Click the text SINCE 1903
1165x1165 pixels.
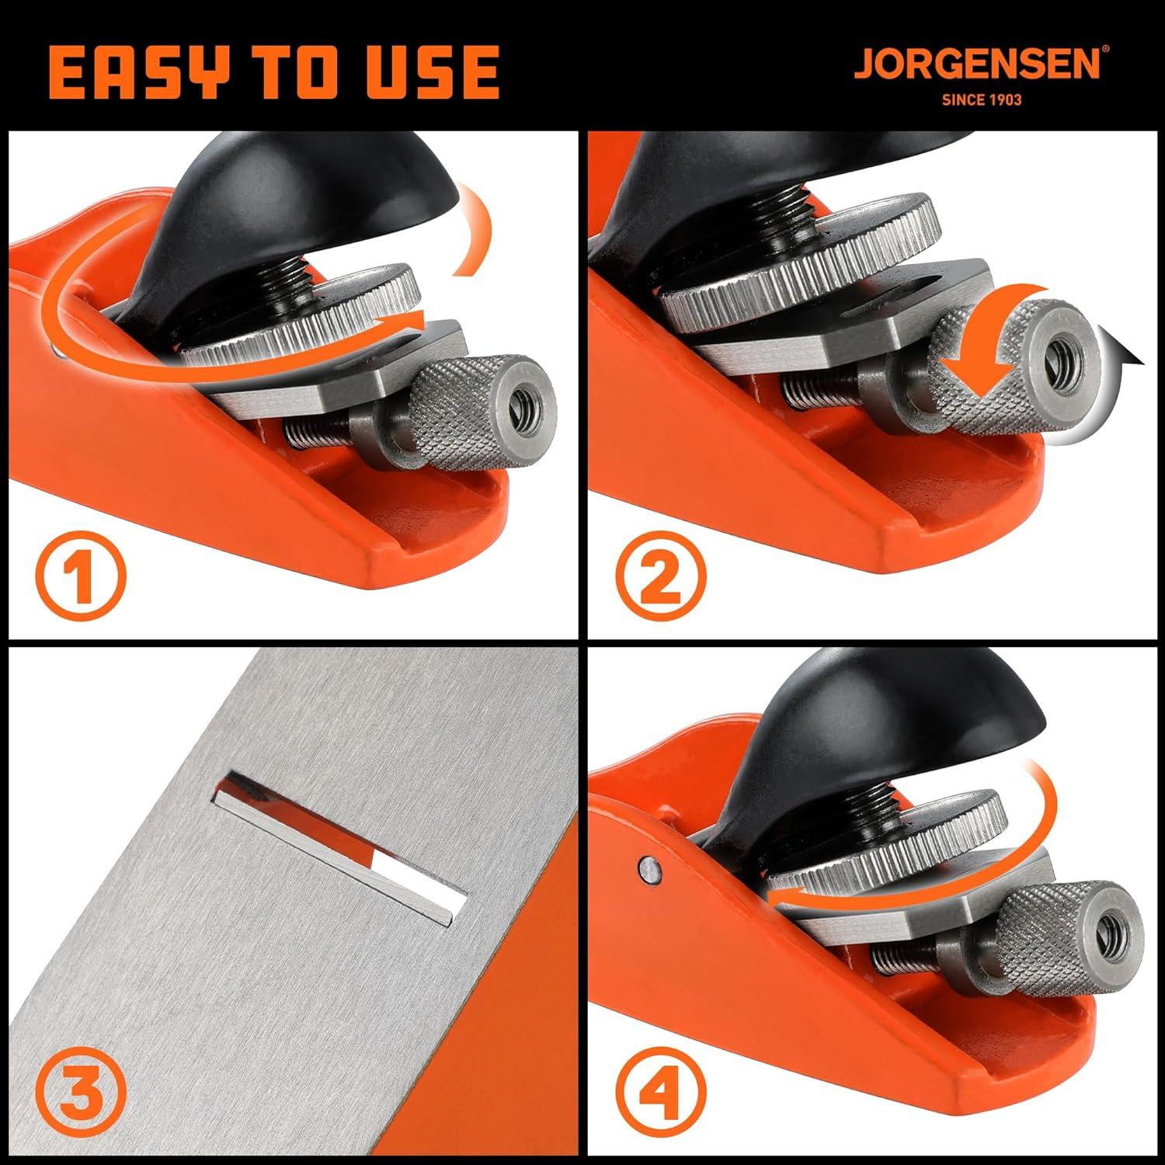coord(981,100)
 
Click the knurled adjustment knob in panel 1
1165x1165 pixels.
coord(482,412)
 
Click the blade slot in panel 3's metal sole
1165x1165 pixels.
coord(342,847)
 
